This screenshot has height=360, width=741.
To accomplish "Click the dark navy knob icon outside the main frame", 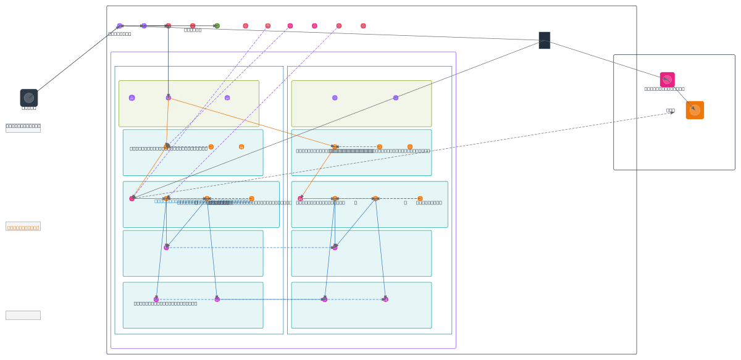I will (29, 98).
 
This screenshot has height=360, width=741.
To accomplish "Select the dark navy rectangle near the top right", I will (544, 40).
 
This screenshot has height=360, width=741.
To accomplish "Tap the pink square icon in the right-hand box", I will (667, 80).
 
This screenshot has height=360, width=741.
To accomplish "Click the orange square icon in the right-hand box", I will (695, 110).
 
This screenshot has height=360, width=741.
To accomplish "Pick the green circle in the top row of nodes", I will (217, 26).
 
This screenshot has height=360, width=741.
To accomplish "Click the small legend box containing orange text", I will (23, 226).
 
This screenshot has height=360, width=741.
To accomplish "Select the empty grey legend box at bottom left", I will (23, 315).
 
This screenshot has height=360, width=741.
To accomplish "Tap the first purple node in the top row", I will (120, 26).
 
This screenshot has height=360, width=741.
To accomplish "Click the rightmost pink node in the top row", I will (363, 26).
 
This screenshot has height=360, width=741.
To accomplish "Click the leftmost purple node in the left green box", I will (132, 98).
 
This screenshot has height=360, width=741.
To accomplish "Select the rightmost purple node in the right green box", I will (396, 98).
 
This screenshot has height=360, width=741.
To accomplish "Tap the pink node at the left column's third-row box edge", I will (132, 198).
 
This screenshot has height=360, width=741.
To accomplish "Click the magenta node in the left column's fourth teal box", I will (166, 248).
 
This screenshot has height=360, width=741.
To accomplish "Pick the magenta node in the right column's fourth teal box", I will (335, 248).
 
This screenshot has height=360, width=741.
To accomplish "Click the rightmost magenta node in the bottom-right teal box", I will (385, 299).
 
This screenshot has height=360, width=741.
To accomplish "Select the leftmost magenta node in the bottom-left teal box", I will (156, 299).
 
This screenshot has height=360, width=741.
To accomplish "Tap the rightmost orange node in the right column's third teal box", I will (420, 198).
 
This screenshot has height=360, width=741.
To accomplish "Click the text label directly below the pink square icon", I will (664, 89).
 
